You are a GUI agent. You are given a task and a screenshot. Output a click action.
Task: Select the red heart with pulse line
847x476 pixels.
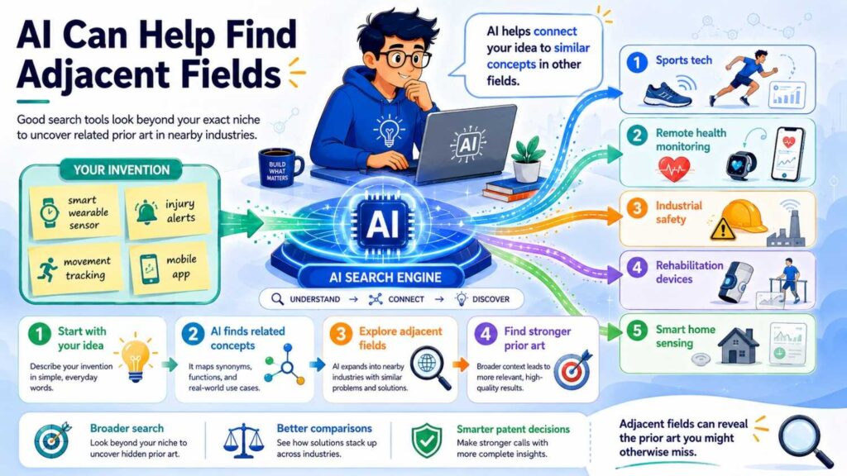[x=673, y=169]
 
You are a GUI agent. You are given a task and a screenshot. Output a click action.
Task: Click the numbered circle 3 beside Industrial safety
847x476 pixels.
[x=637, y=208]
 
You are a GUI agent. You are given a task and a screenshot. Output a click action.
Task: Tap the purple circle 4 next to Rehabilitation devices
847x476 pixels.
[x=637, y=268]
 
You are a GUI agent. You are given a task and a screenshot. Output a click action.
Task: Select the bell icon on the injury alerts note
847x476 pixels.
[x=146, y=212]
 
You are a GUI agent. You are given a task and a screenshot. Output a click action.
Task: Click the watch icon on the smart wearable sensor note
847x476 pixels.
[x=49, y=212]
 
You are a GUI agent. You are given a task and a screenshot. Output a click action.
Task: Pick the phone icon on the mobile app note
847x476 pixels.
[x=150, y=269]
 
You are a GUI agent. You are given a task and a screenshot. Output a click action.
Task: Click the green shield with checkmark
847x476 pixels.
[x=427, y=440]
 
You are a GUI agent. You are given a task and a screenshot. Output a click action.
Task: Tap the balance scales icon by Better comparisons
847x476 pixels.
[x=244, y=440]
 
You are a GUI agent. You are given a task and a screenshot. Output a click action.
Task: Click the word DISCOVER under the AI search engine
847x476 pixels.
[x=490, y=299]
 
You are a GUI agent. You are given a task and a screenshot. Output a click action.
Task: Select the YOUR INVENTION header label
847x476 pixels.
[x=122, y=170]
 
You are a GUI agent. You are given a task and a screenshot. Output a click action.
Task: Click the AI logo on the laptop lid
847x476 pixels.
[x=467, y=144]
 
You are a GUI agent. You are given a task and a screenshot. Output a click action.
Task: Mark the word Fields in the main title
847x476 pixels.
[x=232, y=74]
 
